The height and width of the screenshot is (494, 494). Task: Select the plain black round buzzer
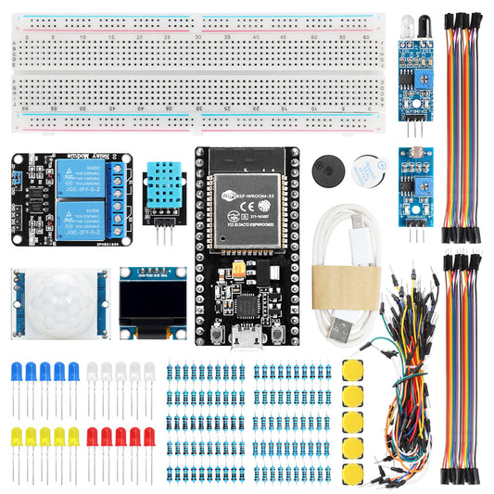(x=330, y=167)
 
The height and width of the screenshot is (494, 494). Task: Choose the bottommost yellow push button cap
(x=353, y=474)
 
